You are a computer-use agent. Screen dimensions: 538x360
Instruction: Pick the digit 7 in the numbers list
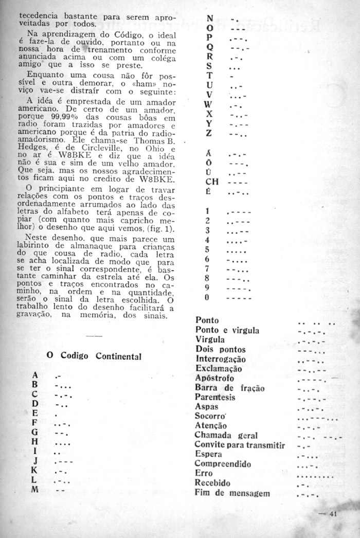pyautogui.click(x=207, y=268)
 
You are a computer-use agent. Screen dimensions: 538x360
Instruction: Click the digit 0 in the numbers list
pyautogui.click(x=207, y=297)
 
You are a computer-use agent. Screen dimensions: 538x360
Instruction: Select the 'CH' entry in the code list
pyautogui.click(x=211, y=181)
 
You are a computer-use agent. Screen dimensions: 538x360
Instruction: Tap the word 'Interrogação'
pyautogui.click(x=221, y=359)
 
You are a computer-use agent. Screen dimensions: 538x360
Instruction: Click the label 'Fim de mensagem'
pyautogui.click(x=232, y=493)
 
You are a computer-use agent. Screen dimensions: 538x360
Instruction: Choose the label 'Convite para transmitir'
pyautogui.click(x=240, y=445)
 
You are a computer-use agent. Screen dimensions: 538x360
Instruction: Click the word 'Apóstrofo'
pyautogui.click(x=214, y=378)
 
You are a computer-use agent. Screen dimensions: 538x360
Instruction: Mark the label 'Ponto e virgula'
pyautogui.click(x=227, y=330)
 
